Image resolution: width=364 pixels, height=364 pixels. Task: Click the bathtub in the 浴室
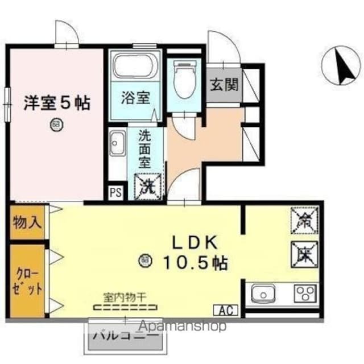pos(135,66)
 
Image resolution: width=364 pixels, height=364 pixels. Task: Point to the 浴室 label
pos(135,97)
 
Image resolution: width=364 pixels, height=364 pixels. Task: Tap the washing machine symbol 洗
pos(147,185)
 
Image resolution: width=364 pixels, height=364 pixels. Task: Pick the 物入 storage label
pos(27,222)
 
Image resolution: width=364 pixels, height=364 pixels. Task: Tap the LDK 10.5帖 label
pos(195,253)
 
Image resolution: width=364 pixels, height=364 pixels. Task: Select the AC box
pos(226,311)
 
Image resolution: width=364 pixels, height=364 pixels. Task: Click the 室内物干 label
pos(125,296)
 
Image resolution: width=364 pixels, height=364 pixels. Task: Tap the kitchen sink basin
pos(263,295)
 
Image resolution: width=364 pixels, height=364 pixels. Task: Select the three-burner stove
pos(305,294)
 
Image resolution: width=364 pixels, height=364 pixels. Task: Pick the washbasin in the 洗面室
pos(118,143)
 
